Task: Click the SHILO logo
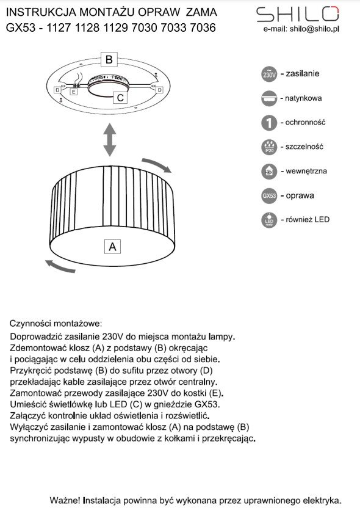click(x=298, y=14)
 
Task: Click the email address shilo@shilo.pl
click(x=314, y=29)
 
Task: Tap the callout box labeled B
click(x=109, y=59)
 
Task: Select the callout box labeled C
click(x=120, y=98)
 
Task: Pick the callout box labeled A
click(x=112, y=246)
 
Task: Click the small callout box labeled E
click(x=74, y=92)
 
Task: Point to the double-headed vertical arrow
click(x=110, y=140)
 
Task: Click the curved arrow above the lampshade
click(x=156, y=165)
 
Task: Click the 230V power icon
click(x=269, y=74)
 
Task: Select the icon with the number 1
click(x=269, y=123)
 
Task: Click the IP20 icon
click(x=269, y=147)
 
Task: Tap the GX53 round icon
click(x=269, y=195)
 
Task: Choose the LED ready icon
click(x=269, y=220)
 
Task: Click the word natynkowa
click(x=303, y=98)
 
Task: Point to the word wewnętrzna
click(x=306, y=171)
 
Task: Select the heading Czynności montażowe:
click(x=56, y=324)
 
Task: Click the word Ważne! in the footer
click(x=65, y=500)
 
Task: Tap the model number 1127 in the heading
click(x=59, y=27)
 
